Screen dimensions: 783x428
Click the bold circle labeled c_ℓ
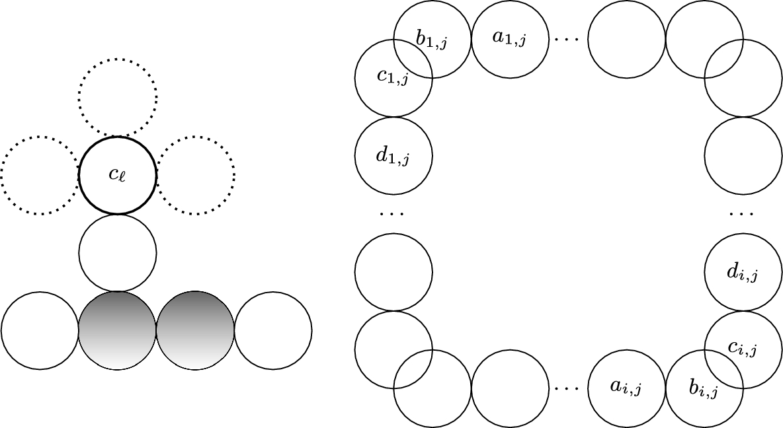[x=118, y=176]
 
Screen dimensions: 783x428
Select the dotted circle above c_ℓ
[x=118, y=97]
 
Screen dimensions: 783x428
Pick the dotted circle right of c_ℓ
[x=196, y=176]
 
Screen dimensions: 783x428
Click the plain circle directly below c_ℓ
[x=118, y=253]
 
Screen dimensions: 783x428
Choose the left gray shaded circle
[x=118, y=330]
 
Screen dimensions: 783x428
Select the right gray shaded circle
[x=195, y=330]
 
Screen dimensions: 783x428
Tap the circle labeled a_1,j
[x=510, y=38]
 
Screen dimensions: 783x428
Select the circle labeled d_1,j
[x=393, y=157]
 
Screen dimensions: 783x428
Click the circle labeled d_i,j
[x=743, y=272]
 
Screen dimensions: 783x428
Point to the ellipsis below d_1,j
[x=393, y=213]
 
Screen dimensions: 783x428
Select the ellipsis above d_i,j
[x=742, y=213]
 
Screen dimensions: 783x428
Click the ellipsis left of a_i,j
[x=567, y=388]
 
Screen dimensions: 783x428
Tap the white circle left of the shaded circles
[x=40, y=330]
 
